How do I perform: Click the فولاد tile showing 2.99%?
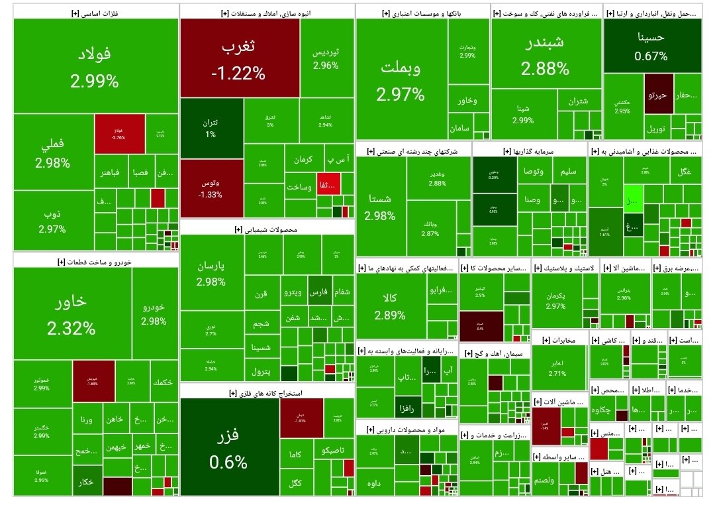click(95, 66)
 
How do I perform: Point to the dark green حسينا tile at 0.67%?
click(651, 45)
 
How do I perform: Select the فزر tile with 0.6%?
click(228, 448)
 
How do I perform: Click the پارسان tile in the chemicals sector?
click(211, 273)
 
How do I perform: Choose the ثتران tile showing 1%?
click(211, 128)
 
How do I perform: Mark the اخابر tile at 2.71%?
click(557, 368)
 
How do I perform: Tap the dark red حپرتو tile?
click(658, 95)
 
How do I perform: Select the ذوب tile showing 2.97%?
click(52, 221)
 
